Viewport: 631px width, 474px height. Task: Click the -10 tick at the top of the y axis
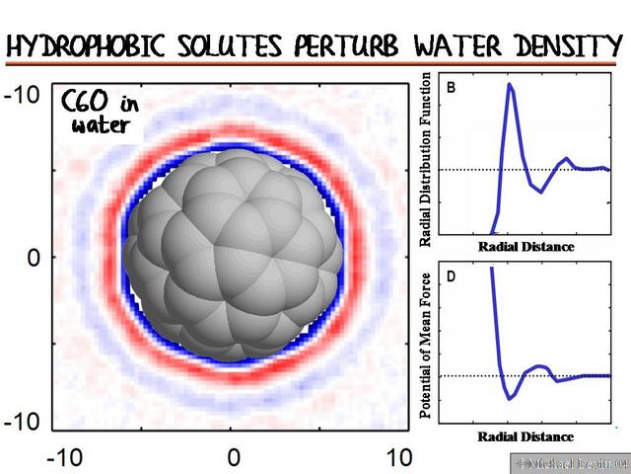coord(21,96)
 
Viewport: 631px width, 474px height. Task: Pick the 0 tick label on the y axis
coord(32,259)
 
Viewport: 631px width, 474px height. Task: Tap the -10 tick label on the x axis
coord(65,457)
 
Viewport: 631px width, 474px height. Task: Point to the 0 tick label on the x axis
coord(233,457)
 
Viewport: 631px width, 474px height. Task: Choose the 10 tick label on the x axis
coord(397,457)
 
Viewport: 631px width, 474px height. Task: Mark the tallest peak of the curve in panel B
coord(509,85)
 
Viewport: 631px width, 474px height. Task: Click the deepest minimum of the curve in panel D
coord(510,397)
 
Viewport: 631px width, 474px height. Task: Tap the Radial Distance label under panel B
coord(526,245)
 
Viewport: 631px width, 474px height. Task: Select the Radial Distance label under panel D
coord(526,436)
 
